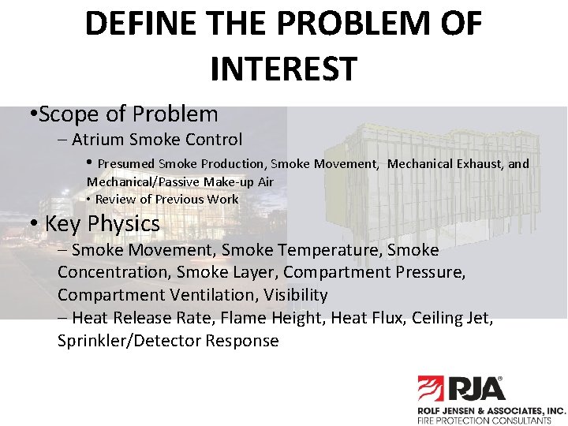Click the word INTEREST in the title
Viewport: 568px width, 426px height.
pyautogui.click(x=283, y=69)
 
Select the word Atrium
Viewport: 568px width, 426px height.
pyautogui.click(x=98, y=140)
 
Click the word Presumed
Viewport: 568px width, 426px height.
pyautogui.click(x=126, y=164)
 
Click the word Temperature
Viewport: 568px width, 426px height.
pyautogui.click(x=331, y=250)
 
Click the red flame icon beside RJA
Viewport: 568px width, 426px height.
pyautogui.click(x=432, y=390)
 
